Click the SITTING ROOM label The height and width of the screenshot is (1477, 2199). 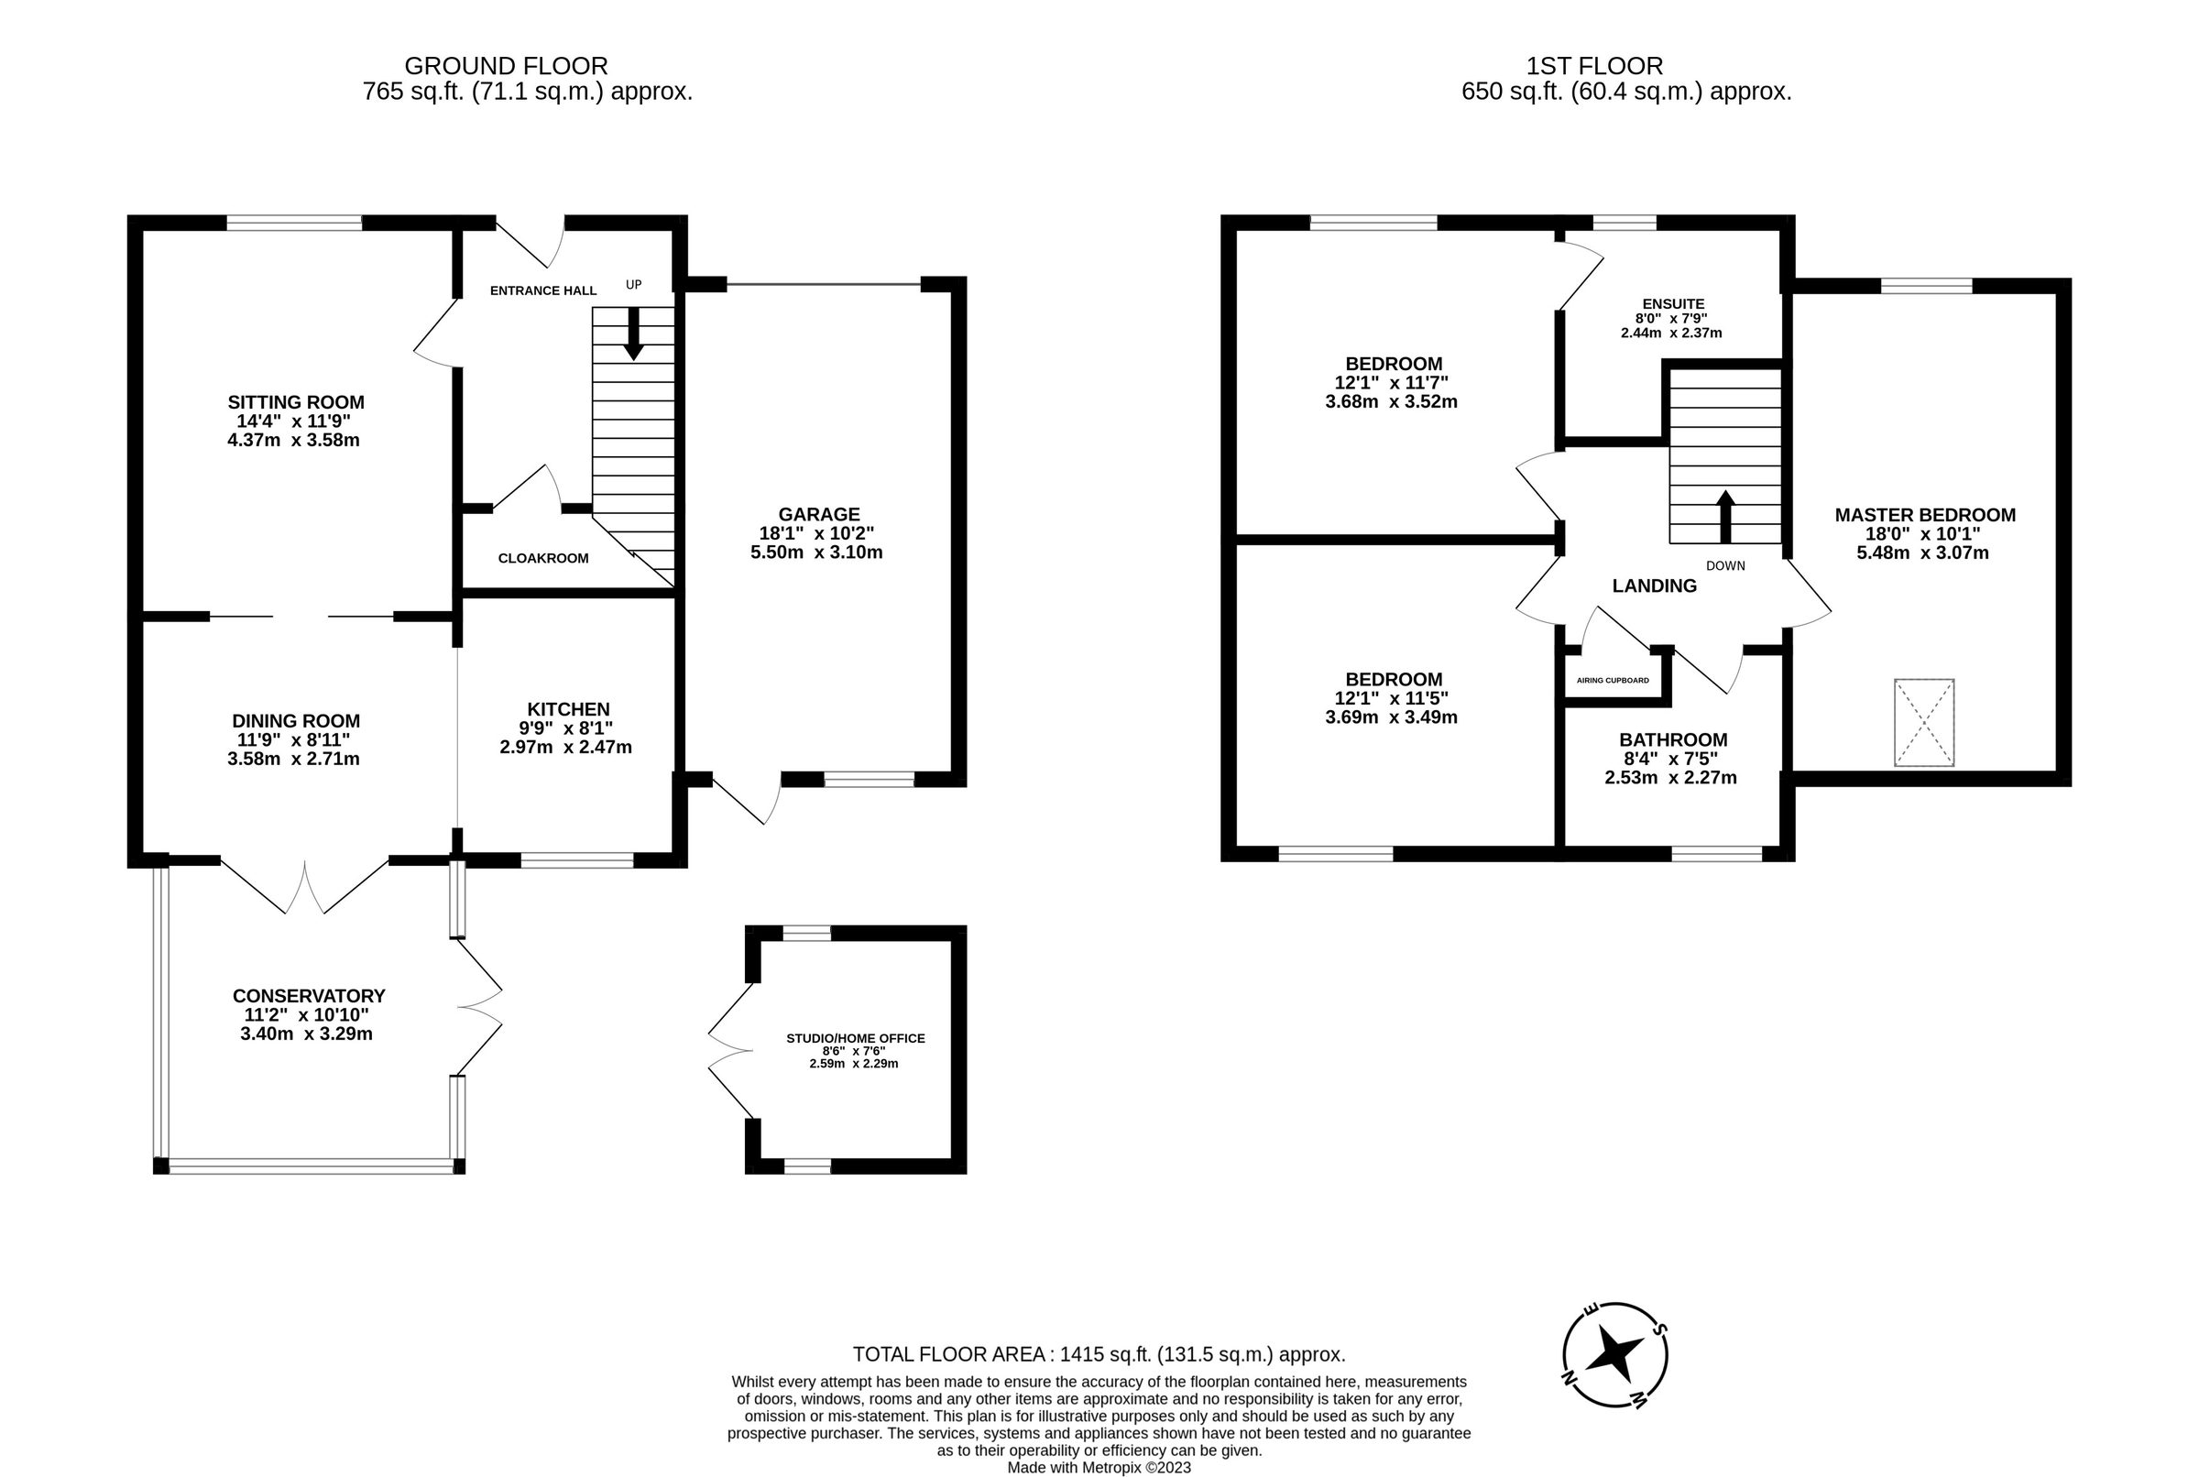295,402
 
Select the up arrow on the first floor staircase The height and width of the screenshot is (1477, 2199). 1725,515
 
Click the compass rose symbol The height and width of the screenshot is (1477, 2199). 1615,1355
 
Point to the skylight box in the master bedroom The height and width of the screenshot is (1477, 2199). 1924,723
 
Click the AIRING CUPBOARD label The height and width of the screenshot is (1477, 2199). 1613,680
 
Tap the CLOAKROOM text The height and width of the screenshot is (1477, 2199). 543,559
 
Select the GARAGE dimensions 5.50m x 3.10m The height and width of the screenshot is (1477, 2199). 816,552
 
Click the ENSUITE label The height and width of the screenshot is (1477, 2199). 1672,304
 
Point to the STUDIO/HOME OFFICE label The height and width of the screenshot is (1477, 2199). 855,1038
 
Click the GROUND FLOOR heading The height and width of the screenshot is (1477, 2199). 506,66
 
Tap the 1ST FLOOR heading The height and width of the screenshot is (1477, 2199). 1594,66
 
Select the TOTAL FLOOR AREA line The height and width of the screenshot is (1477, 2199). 1098,1354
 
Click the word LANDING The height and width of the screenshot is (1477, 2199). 1654,585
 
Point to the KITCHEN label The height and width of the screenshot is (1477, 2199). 568,709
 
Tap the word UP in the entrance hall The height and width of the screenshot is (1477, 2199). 634,284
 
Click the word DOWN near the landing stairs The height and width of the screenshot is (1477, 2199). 1725,566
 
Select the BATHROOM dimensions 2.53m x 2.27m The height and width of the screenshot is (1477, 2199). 1670,778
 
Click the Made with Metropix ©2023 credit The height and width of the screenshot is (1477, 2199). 1098,1468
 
